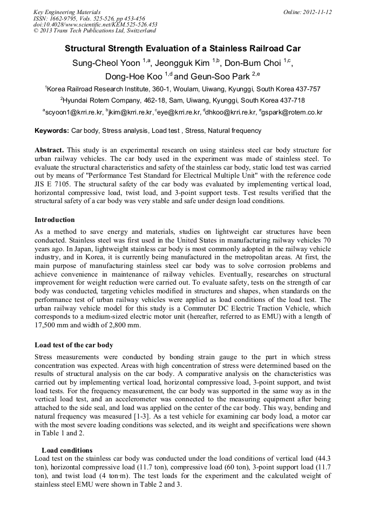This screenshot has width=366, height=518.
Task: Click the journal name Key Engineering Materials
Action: coord(67,12)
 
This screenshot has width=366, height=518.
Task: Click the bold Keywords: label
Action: coord(52,131)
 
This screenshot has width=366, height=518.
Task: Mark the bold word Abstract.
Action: coord(50,150)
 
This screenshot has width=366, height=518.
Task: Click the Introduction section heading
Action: coord(55,220)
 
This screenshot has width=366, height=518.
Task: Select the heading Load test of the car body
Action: coord(73,345)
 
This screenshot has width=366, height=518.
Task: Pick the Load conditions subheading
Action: coord(67,450)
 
